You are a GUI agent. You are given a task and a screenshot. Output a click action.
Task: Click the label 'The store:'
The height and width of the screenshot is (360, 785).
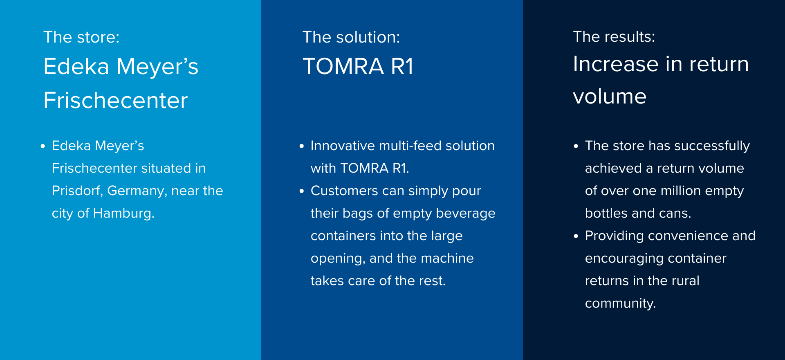click(81, 37)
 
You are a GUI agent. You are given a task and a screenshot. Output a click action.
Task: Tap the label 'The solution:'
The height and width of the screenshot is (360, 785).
click(351, 37)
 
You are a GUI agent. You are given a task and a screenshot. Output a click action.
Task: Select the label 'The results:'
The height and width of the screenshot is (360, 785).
click(614, 37)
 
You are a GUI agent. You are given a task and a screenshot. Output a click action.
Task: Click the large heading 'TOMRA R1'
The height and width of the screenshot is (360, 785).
click(358, 66)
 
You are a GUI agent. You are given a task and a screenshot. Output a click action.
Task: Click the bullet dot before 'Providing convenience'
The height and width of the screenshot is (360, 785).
click(576, 236)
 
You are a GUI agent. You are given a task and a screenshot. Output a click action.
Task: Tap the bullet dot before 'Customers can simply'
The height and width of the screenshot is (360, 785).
click(302, 191)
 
